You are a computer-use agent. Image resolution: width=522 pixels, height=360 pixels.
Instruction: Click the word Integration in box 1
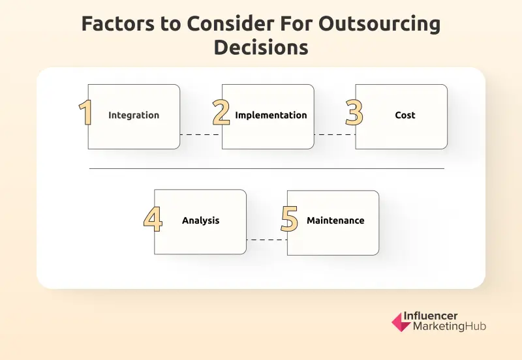coord(134,115)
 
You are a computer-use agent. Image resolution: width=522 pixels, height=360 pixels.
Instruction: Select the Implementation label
coord(271,115)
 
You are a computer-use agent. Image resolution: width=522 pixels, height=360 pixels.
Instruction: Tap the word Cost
coord(405,115)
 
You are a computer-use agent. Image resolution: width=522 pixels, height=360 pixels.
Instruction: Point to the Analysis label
coord(200,220)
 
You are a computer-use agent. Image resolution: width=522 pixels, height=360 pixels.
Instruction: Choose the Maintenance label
coord(335,220)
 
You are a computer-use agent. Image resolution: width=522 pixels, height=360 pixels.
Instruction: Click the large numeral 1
coord(85,112)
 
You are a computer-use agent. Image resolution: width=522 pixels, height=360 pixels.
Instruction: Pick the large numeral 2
coord(221,112)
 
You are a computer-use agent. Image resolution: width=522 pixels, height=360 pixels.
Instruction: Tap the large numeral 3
coord(354,112)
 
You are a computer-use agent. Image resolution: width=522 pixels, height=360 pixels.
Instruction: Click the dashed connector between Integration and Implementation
coord(201,135)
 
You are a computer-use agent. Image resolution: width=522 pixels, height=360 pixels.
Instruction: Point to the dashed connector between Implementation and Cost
coord(335,135)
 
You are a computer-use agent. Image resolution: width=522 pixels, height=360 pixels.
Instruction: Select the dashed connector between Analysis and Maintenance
coord(267,240)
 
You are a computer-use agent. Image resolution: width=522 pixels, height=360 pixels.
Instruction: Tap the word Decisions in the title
coord(260,48)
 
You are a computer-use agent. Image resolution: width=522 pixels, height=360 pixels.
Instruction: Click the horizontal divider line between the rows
coord(266,169)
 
